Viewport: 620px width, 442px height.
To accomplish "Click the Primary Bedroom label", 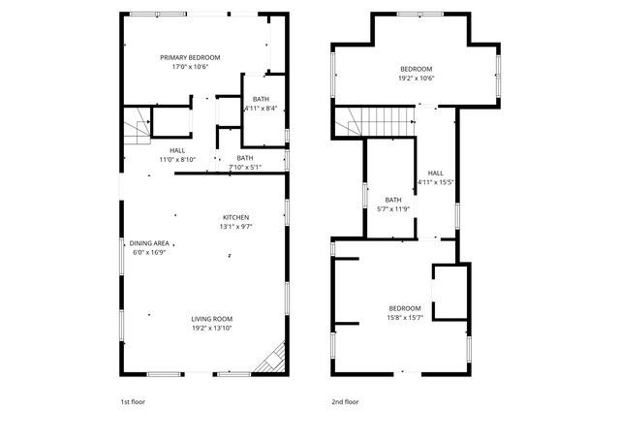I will click(x=190, y=58).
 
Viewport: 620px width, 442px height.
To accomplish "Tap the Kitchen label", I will click(x=236, y=217).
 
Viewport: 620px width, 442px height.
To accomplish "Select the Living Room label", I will click(x=211, y=319).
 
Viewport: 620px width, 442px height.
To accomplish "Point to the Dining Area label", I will click(x=150, y=243).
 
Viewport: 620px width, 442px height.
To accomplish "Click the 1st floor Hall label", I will click(x=177, y=150).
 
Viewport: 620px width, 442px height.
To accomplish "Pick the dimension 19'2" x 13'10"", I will click(x=211, y=329).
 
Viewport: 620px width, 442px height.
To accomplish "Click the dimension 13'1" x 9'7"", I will click(x=236, y=227).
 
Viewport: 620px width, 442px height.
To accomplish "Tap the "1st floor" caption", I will click(x=132, y=401).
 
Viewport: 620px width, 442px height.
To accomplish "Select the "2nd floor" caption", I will click(x=344, y=401).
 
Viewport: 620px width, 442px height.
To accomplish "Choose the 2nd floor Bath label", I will click(x=392, y=200).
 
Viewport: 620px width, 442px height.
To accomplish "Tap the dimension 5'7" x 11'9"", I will click(x=392, y=209).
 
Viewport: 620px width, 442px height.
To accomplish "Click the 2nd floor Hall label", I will click(x=435, y=172).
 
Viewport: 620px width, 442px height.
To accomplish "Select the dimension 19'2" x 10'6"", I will click(x=417, y=79).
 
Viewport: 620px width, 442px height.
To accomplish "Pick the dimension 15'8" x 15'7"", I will click(x=405, y=317).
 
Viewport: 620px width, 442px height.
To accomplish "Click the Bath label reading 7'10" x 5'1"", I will click(x=245, y=168).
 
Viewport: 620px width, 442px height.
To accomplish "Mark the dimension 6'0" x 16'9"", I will click(x=150, y=252).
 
